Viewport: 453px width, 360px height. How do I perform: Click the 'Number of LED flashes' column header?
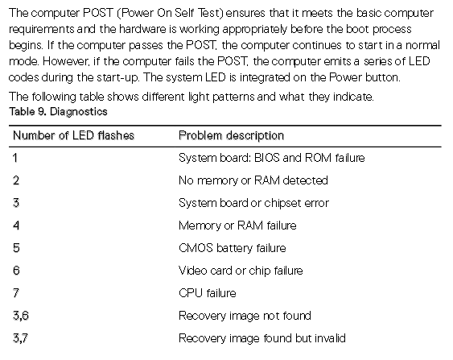(x=74, y=135)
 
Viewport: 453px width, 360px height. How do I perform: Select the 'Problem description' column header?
(x=231, y=135)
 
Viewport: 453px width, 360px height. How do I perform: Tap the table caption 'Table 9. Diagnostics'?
(x=59, y=112)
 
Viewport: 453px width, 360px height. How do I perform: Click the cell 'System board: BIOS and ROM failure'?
(x=272, y=158)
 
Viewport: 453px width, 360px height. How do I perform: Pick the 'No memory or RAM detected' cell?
(x=253, y=180)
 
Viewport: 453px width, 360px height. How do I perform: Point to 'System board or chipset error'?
(x=253, y=203)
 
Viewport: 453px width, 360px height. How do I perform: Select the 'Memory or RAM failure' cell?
(x=237, y=226)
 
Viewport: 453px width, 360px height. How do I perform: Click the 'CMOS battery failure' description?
(x=233, y=248)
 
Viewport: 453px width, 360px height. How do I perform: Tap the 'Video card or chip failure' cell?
(x=241, y=271)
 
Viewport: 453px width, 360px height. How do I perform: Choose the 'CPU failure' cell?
(x=208, y=293)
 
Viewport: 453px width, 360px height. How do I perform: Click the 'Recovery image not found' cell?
(x=245, y=316)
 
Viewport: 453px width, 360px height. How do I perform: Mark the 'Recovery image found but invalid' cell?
(x=262, y=338)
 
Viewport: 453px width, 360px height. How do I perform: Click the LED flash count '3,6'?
(x=21, y=316)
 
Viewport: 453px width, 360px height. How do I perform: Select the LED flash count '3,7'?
(x=20, y=338)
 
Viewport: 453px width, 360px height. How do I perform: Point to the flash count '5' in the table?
(x=16, y=248)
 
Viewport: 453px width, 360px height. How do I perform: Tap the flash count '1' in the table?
(x=15, y=158)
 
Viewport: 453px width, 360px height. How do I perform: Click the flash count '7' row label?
(x=16, y=293)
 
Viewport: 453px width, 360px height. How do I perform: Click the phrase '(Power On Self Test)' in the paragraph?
(x=171, y=14)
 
